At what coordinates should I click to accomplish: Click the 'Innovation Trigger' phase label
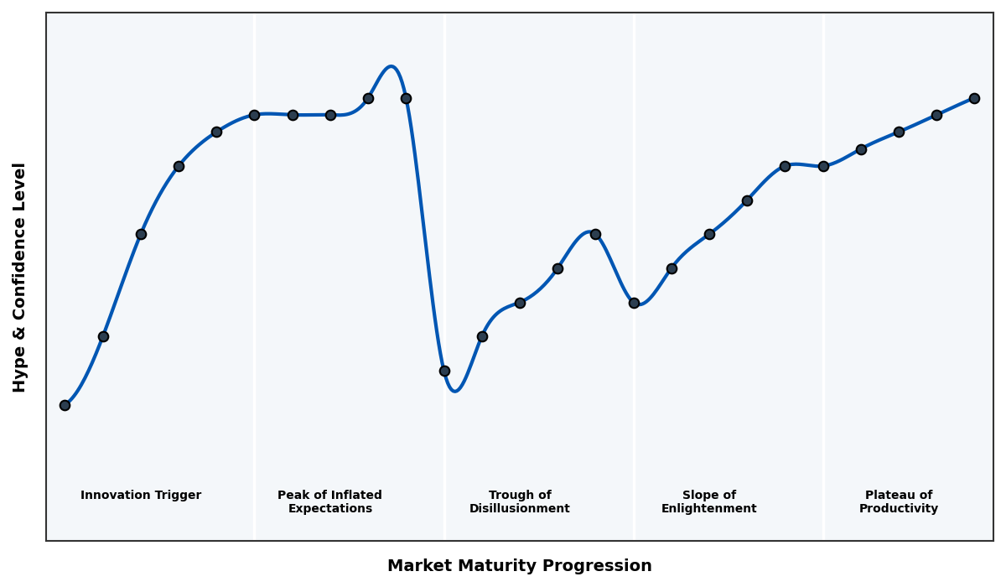click(141, 496)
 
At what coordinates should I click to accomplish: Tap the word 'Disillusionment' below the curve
click(519, 509)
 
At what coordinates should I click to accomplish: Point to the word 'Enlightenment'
click(708, 509)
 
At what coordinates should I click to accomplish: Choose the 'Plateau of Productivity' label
click(898, 501)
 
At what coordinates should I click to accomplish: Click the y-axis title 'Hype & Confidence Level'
click(20, 277)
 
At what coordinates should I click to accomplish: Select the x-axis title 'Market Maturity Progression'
click(519, 566)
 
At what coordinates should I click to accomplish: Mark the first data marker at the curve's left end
click(65, 405)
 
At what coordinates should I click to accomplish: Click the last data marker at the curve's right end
click(974, 98)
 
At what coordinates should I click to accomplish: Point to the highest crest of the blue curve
click(391, 66)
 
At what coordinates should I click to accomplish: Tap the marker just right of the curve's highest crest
click(406, 98)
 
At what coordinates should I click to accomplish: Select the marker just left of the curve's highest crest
click(368, 98)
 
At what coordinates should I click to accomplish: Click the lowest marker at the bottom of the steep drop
click(444, 371)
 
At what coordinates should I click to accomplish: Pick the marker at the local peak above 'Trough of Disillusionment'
click(595, 234)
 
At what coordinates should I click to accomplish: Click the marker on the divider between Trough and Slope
click(634, 303)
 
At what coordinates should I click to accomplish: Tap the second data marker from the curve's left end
click(103, 336)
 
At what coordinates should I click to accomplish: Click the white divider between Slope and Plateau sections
click(823, 335)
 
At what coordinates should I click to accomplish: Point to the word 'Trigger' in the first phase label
click(178, 496)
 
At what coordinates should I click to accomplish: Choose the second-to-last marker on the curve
click(936, 115)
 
